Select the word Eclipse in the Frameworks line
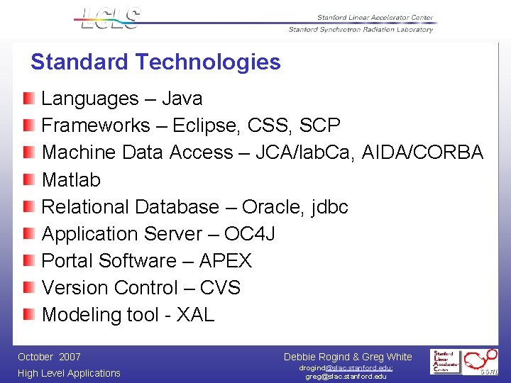[x=205, y=126]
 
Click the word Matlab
[x=71, y=179]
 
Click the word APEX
[x=225, y=260]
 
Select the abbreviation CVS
[x=220, y=287]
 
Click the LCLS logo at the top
[x=110, y=18]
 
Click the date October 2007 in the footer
[x=49, y=357]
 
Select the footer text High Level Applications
[x=69, y=373]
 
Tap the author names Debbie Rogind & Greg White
[x=347, y=357]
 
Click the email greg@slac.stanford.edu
[x=346, y=377]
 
